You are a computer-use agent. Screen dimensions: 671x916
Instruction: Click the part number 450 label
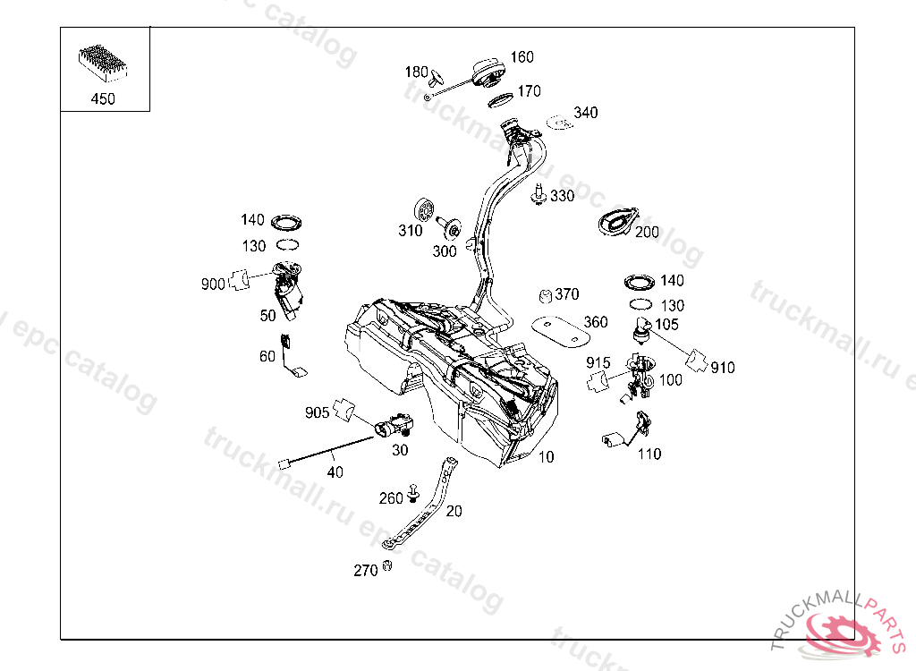(x=103, y=99)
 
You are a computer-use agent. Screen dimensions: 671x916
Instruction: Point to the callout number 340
(x=586, y=113)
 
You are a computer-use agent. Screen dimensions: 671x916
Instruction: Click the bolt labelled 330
(x=539, y=195)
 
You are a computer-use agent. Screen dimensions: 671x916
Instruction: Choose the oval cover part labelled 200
(x=617, y=221)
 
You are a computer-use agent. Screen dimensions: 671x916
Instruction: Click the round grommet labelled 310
(x=425, y=211)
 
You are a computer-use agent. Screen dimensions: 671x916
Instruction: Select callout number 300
(x=445, y=251)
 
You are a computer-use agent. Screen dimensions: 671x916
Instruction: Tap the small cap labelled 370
(x=543, y=295)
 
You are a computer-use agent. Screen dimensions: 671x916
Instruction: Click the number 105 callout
(x=667, y=324)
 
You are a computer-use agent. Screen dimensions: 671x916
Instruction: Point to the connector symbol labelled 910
(x=697, y=360)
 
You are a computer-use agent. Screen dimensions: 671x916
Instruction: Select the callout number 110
(x=649, y=454)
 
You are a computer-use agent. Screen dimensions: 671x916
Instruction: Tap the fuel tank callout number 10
(x=547, y=456)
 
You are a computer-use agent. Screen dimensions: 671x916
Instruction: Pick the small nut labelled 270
(x=387, y=565)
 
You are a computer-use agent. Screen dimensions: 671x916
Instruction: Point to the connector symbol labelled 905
(x=343, y=409)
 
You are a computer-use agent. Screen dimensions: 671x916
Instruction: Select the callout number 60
(x=267, y=356)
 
